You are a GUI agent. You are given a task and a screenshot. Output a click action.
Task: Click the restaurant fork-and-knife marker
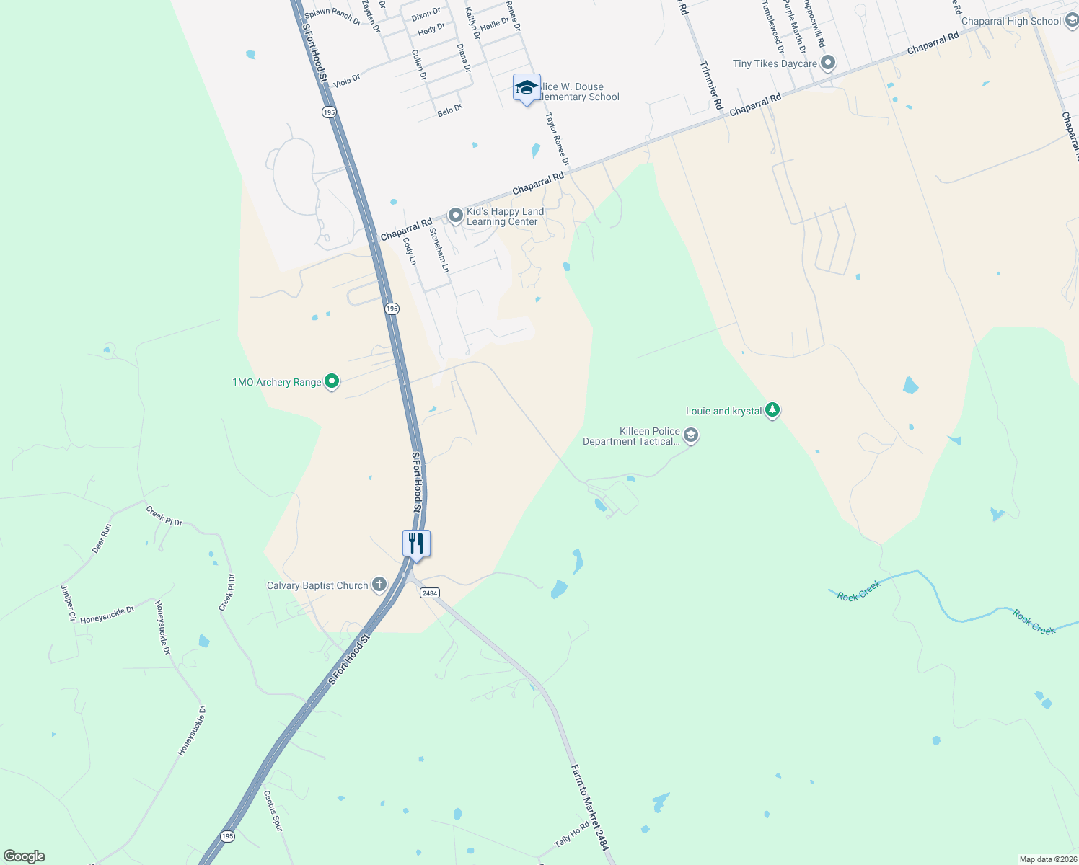click(416, 543)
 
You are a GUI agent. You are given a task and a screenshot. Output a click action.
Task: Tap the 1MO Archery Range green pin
click(331, 381)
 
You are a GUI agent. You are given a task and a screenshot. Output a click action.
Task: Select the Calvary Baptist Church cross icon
click(379, 585)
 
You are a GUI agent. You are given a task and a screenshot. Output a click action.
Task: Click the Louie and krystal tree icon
click(772, 410)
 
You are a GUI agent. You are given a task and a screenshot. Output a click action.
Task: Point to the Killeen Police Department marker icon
click(690, 435)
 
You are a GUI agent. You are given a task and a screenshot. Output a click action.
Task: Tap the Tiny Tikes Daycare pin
click(827, 63)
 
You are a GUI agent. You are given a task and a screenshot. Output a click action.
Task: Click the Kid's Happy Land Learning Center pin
click(455, 216)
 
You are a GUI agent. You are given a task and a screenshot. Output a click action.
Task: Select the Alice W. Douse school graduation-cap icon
click(527, 88)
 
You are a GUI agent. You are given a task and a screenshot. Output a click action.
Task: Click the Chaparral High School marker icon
click(1071, 20)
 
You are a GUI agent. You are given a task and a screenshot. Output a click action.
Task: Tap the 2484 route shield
click(429, 593)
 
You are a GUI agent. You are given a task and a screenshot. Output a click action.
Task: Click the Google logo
click(24, 856)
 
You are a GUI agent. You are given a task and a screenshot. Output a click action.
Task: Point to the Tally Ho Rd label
click(572, 836)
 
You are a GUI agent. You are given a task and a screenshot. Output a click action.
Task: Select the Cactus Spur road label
click(273, 811)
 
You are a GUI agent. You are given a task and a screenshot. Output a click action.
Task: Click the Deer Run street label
click(102, 538)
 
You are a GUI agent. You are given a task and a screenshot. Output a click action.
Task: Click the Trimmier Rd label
click(711, 85)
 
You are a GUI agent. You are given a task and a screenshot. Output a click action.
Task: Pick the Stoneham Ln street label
click(439, 250)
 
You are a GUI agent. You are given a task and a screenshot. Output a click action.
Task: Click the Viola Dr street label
click(347, 80)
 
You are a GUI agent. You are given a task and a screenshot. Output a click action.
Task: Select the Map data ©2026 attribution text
click(1047, 859)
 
